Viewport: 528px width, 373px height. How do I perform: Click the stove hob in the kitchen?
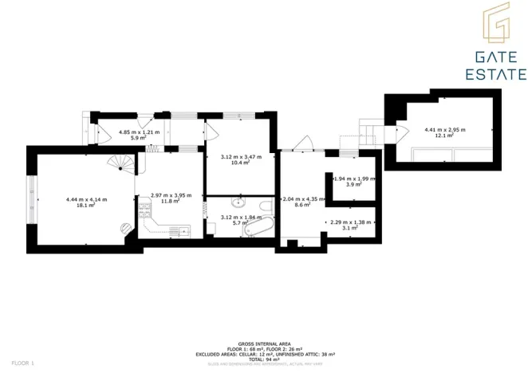(144, 211)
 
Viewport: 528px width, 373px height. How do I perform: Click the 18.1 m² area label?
(86, 205)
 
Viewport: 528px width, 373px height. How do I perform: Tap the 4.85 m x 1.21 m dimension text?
(139, 132)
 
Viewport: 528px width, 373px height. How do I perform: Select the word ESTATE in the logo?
(495, 75)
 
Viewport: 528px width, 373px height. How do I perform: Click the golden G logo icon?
(495, 26)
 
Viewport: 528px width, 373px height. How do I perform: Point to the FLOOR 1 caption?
(22, 363)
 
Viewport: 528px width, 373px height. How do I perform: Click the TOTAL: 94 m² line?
(264, 359)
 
